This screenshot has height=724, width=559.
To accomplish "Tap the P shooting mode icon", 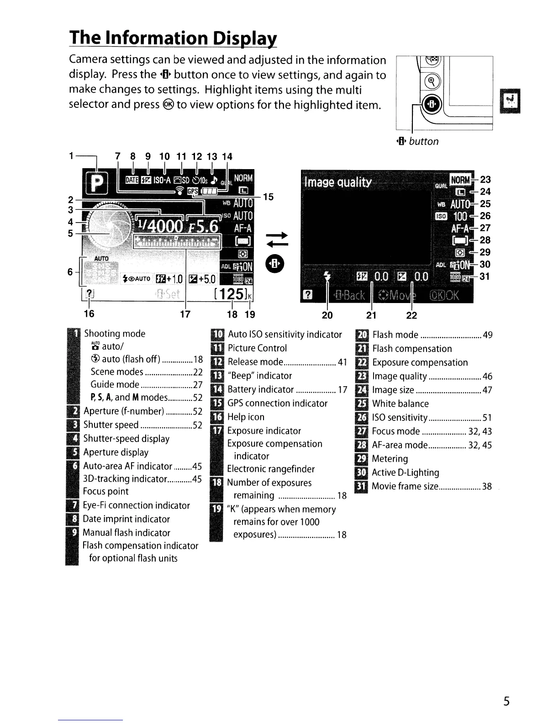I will (x=95, y=183).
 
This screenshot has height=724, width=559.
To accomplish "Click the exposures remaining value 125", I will (x=231, y=294).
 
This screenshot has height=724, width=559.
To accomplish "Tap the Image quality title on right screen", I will (x=338, y=183).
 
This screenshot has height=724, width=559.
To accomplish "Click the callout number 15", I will (x=269, y=197).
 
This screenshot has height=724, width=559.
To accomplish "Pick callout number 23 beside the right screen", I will (x=485, y=180).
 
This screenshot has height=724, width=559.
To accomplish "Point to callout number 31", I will (x=485, y=276).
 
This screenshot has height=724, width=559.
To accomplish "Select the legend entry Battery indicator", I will (x=260, y=389).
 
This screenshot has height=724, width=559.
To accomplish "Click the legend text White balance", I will (x=401, y=404).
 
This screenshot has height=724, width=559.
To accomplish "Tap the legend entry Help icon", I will (x=246, y=417).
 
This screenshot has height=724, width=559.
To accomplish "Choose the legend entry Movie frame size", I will (x=405, y=486).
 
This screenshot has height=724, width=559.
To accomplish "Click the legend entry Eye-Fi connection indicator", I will (x=136, y=505).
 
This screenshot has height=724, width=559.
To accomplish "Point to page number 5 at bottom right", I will (x=506, y=702).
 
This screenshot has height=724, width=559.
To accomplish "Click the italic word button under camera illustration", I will (x=423, y=141).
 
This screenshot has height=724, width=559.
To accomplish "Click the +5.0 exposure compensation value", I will (x=206, y=279).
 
